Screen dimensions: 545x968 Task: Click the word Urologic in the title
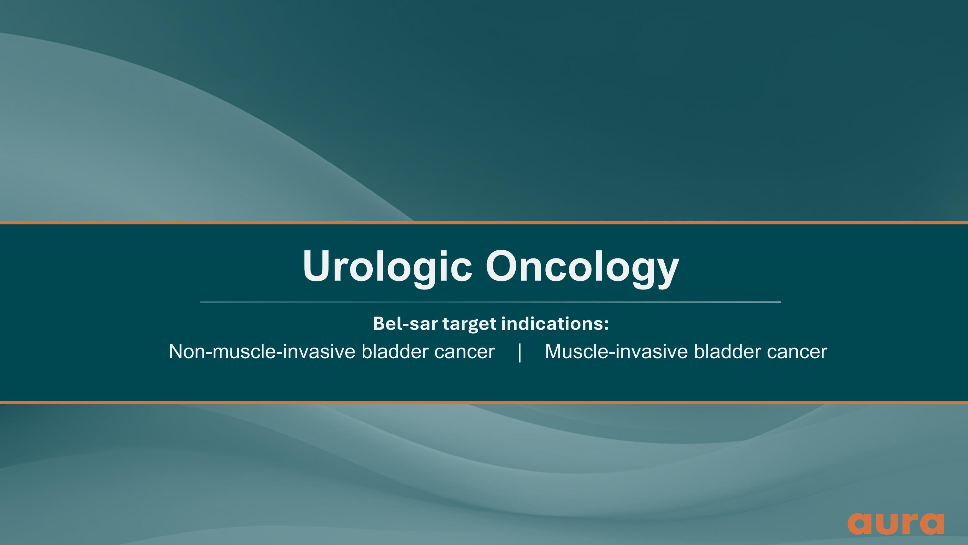[x=387, y=266]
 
